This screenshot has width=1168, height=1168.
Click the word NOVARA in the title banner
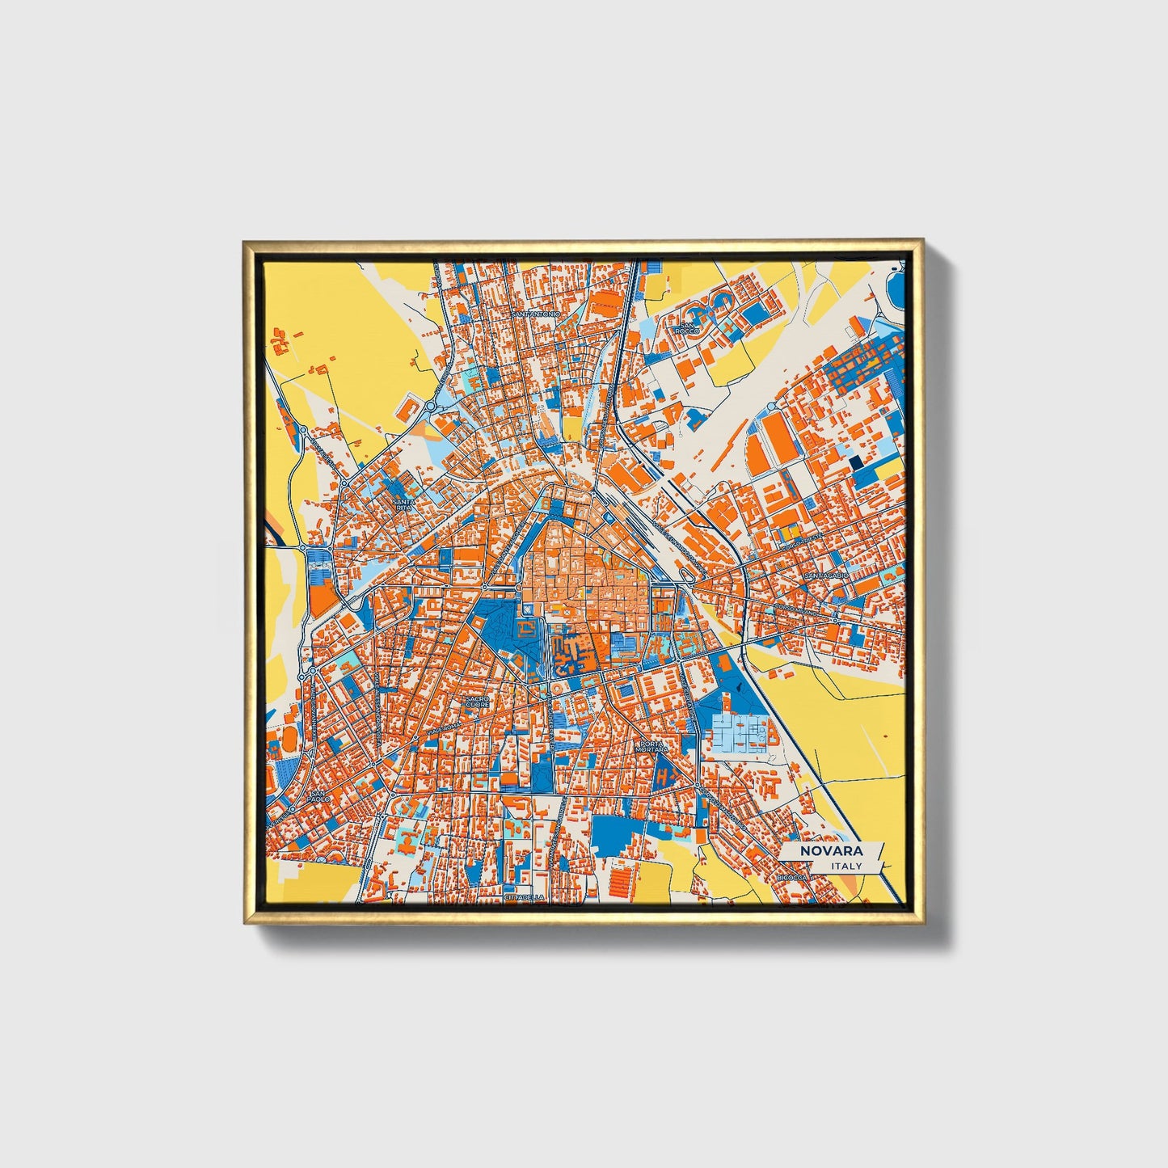831,851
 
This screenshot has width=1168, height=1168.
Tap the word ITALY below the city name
845,866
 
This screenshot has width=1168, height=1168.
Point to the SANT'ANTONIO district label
535,314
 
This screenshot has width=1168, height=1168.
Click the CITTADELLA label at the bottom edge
524,897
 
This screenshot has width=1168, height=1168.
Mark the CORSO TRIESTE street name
800,543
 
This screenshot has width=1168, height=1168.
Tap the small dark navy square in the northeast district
856,462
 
